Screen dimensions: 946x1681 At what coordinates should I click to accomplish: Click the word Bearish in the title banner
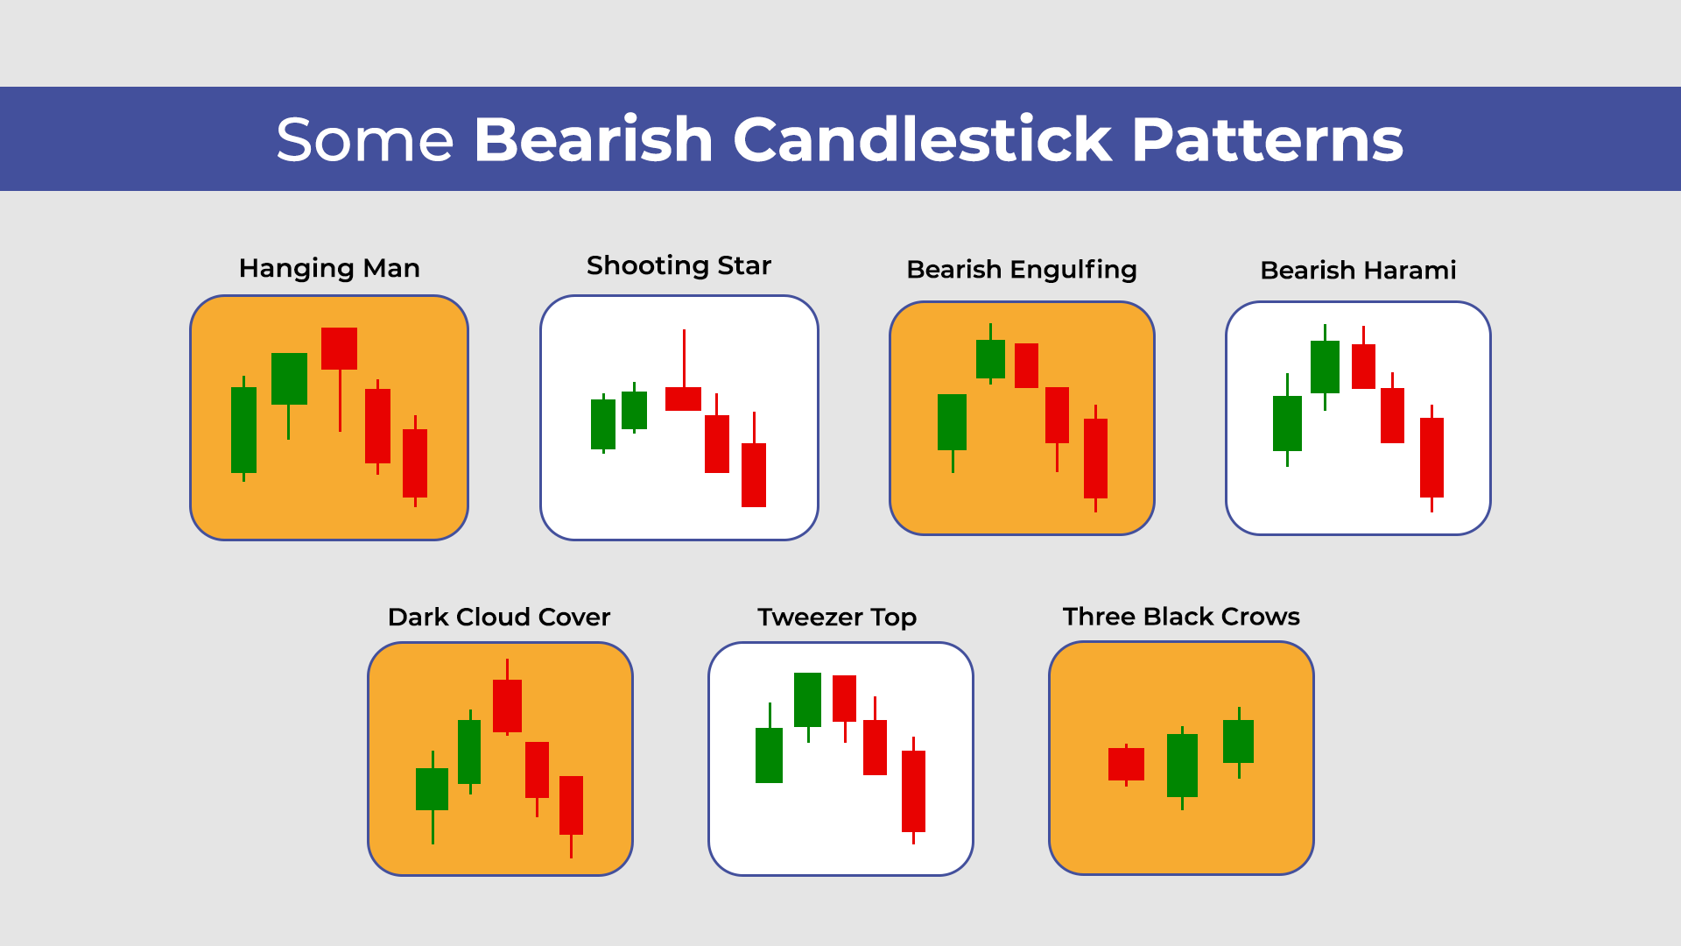594,140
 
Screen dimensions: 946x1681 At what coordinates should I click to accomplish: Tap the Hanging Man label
329,268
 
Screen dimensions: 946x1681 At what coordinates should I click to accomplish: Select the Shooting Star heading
679,265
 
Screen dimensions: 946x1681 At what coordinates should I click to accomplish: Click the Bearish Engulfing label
1021,270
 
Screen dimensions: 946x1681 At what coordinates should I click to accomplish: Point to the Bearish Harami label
1358,271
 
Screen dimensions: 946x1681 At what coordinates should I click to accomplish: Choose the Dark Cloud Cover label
499,618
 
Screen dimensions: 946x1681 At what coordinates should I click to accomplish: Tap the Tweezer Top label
837,618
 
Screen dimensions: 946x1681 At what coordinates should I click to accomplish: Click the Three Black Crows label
1181,617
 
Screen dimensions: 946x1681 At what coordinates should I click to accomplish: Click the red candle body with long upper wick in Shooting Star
683,399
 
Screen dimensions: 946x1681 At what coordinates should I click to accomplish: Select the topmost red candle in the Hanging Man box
339,349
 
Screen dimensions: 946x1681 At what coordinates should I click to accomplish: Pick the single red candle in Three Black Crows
1126,764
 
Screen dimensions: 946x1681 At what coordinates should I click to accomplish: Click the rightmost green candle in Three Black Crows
1238,741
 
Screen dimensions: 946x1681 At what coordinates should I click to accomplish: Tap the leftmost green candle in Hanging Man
243,429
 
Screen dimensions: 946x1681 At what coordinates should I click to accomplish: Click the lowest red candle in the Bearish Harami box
1431,457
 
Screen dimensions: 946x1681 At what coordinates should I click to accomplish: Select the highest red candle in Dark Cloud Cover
507,705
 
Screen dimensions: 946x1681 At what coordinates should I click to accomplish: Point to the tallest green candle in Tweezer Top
807,699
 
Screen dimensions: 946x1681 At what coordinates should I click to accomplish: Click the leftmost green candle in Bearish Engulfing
952,422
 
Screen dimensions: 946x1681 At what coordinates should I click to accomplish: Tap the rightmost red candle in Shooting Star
753,475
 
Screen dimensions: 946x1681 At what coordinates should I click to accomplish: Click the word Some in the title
364,140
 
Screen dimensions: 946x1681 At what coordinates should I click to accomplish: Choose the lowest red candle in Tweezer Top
913,791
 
